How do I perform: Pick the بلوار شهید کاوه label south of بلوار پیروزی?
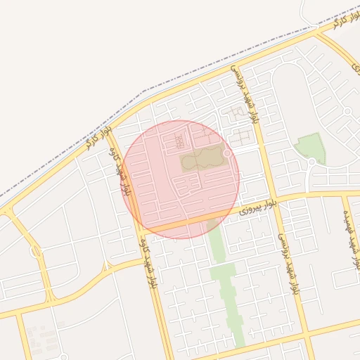(x=148, y=262)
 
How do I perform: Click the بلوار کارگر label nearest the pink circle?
(x=98, y=135)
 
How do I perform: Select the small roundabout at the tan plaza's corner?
(x=227, y=153)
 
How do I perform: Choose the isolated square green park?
(x=309, y=148)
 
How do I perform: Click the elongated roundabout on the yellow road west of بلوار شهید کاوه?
(x=36, y=250)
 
